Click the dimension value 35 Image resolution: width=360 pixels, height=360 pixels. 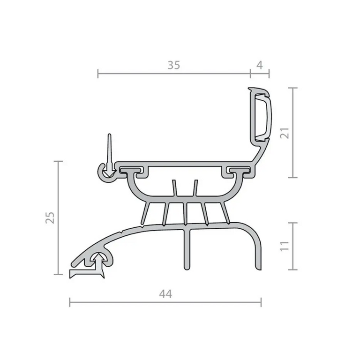173,66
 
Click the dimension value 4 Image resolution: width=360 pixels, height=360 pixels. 260,66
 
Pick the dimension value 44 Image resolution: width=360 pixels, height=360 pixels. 165,294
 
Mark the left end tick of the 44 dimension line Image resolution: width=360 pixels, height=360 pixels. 70,302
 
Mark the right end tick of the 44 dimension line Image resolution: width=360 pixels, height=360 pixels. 261,302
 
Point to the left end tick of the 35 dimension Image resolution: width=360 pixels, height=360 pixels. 97,74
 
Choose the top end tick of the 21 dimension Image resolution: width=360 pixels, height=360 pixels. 293,88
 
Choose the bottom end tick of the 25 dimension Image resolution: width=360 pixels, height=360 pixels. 59,275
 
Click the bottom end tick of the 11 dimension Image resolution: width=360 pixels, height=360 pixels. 293,270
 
